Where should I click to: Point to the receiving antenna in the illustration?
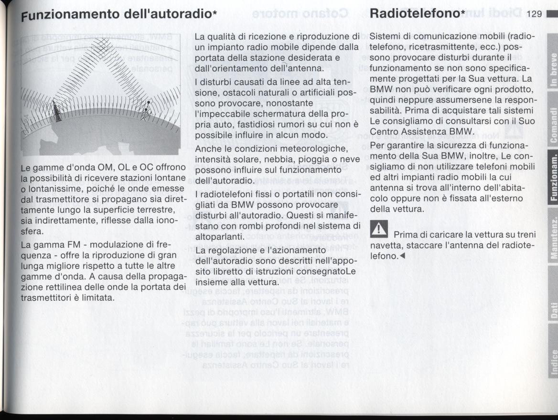coord(148,110)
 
